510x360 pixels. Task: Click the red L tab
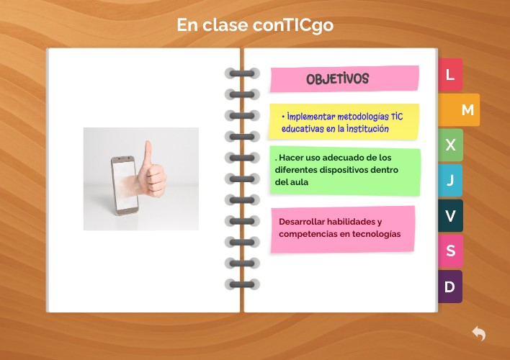point(450,75)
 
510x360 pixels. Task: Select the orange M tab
point(466,110)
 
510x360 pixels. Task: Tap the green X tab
point(450,145)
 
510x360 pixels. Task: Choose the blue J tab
point(450,180)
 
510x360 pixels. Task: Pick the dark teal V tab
point(450,215)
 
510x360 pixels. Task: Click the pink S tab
point(450,251)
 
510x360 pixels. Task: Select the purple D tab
point(450,286)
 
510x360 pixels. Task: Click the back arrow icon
point(479,333)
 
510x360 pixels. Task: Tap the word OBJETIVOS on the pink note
point(337,78)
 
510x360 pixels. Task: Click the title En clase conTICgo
point(255,25)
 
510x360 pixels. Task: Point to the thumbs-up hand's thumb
point(148,153)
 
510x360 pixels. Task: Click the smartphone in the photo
point(124,184)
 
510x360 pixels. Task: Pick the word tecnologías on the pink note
point(376,234)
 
